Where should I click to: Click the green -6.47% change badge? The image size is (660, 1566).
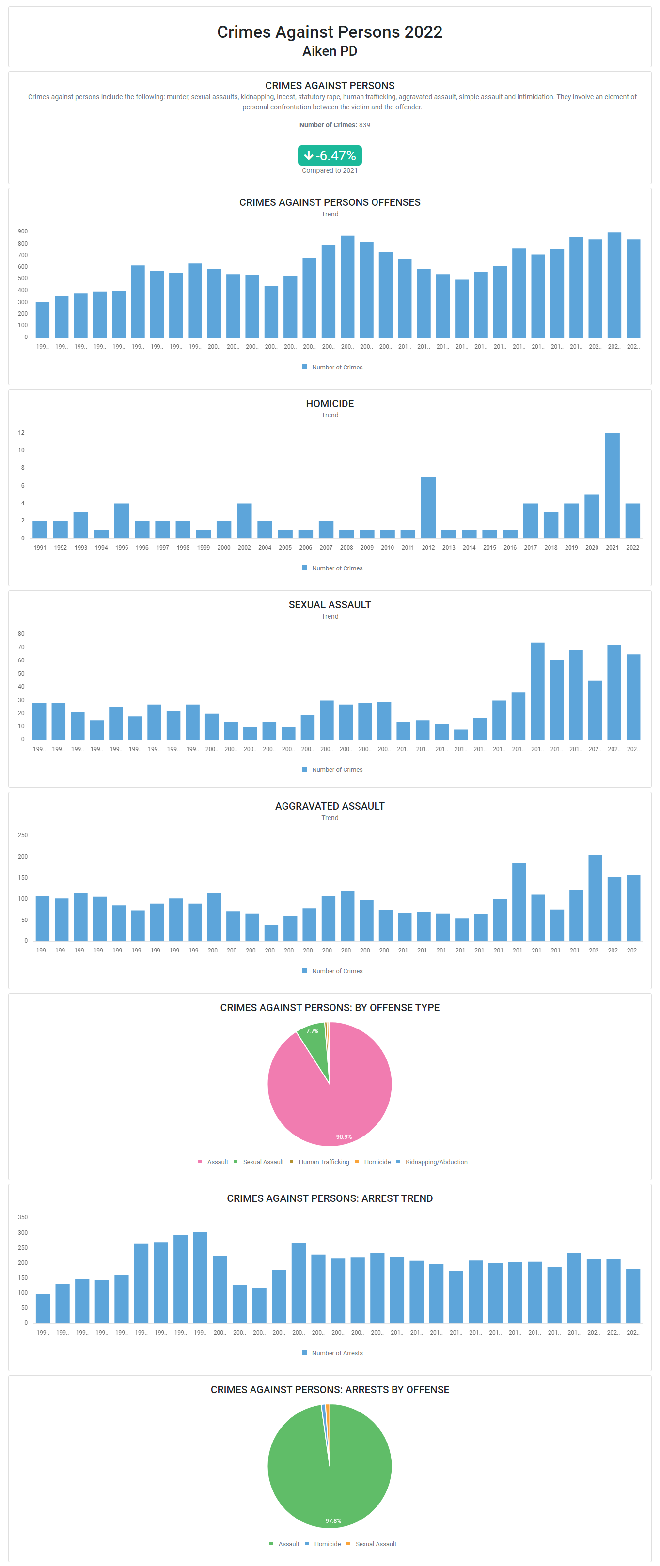tap(330, 155)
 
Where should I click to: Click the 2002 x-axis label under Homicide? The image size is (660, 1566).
tap(244, 548)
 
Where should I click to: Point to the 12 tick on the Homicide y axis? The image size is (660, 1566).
tap(21, 433)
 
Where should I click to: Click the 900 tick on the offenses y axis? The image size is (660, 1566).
tap(22, 231)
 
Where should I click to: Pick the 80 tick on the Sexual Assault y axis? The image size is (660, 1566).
tap(21, 634)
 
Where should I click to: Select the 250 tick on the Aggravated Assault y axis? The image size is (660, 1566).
tap(22, 835)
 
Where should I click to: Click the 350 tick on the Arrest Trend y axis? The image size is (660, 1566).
tap(22, 1218)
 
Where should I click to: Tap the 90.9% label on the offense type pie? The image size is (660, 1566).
tap(344, 1137)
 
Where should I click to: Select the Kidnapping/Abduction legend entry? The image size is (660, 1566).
tap(436, 1162)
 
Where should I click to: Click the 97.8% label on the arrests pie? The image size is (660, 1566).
tap(333, 1521)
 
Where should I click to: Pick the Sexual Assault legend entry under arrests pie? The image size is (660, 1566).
tap(376, 1544)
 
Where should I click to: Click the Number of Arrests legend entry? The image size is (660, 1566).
tap(336, 1353)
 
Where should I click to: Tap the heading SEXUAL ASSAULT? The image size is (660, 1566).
tap(330, 605)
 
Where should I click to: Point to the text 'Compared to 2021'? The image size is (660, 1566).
tap(330, 171)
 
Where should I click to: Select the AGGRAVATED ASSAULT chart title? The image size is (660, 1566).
tap(330, 806)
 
